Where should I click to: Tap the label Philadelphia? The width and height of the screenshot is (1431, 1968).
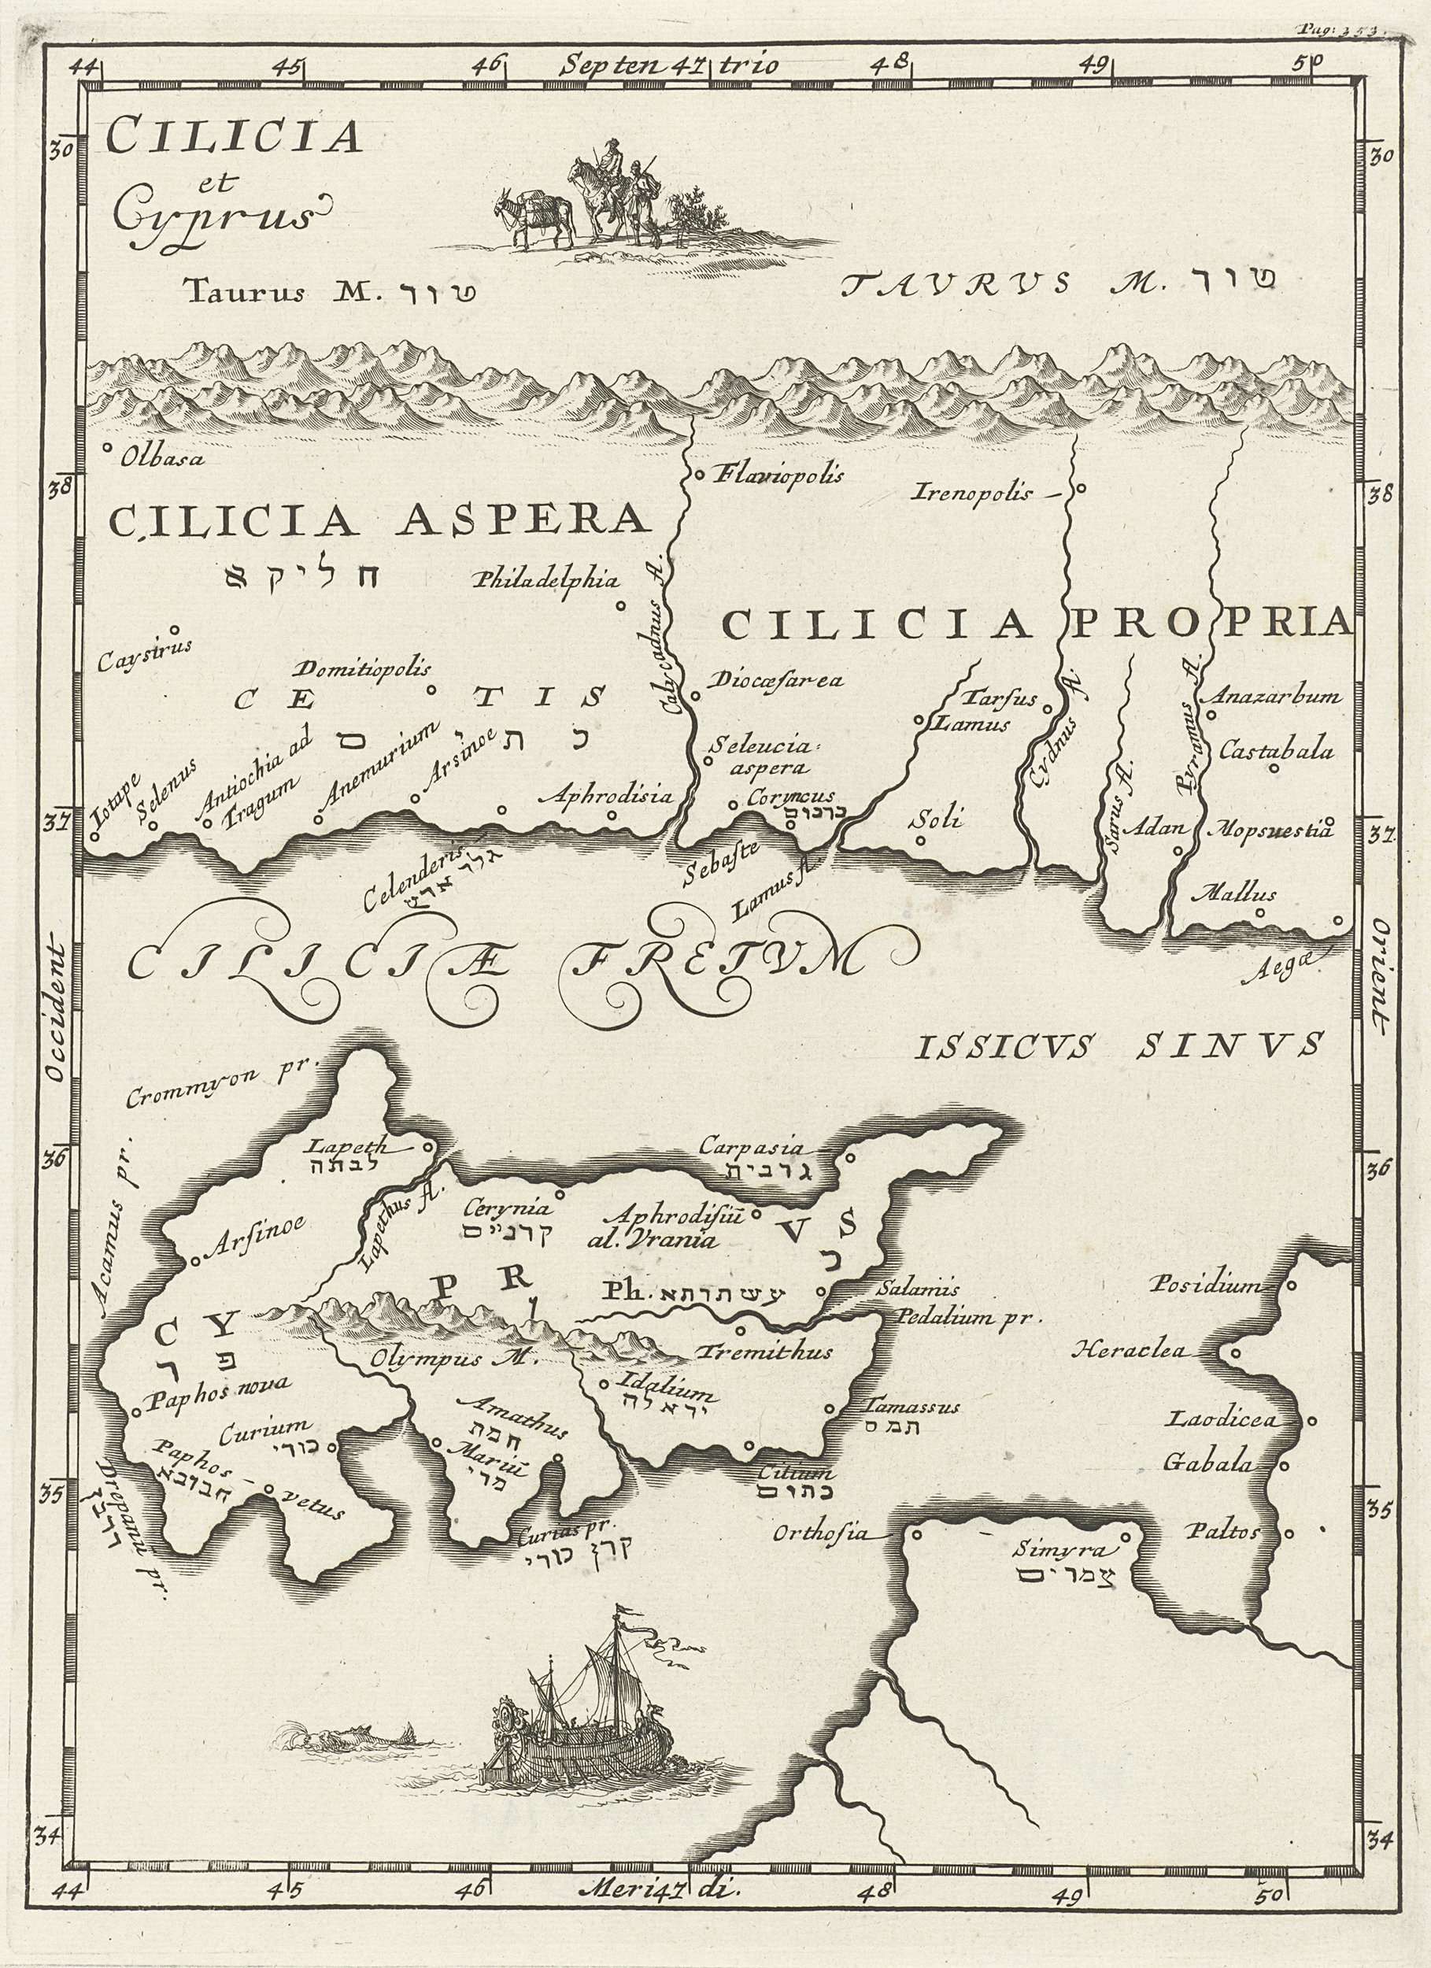[545, 580]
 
